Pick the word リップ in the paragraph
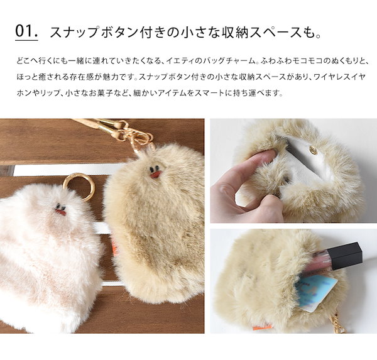click(52, 94)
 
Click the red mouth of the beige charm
click(155, 174)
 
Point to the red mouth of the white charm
click(60, 212)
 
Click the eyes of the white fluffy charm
click(59, 206)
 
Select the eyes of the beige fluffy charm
click(154, 168)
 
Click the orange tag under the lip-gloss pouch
click(261, 326)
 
